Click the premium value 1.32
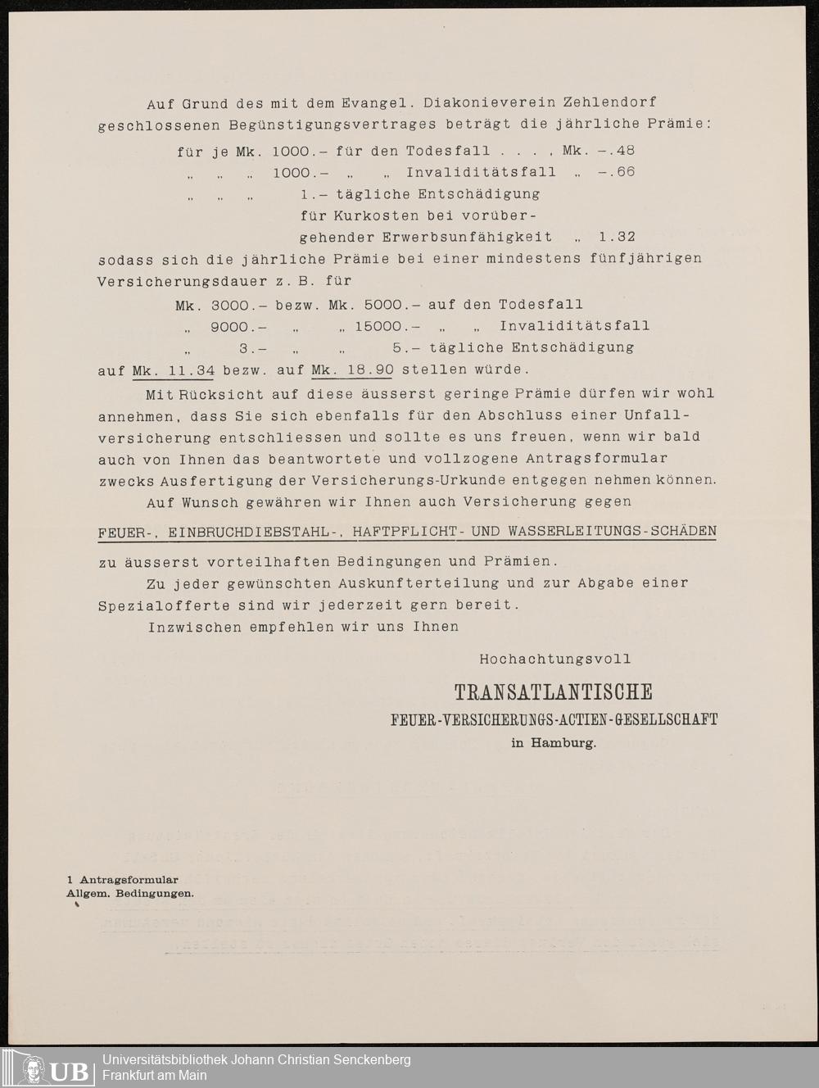click(x=617, y=237)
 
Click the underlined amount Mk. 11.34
click(x=173, y=369)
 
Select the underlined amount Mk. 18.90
click(x=352, y=369)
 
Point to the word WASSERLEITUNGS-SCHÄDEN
click(x=612, y=532)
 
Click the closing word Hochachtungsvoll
click(x=555, y=659)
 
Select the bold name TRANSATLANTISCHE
click(x=554, y=692)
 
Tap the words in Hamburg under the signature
click(x=554, y=744)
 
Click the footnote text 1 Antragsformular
click(x=123, y=880)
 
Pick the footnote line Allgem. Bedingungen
click(x=130, y=893)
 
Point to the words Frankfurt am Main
click(x=155, y=1076)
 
